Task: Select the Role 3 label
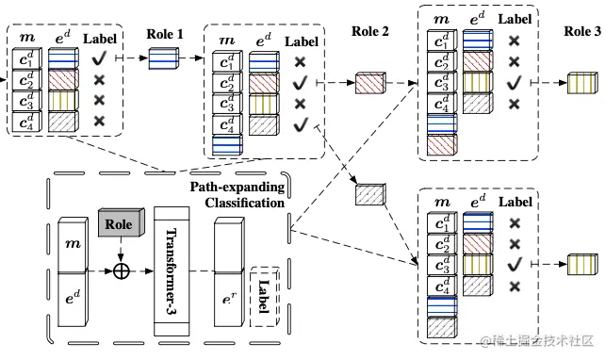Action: tap(581, 31)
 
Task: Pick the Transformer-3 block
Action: tap(172, 271)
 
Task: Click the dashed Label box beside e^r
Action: tap(263, 296)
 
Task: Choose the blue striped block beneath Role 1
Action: tap(169, 58)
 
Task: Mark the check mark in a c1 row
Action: tap(99, 58)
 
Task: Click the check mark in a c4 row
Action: tap(300, 123)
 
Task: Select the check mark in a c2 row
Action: tap(300, 82)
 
